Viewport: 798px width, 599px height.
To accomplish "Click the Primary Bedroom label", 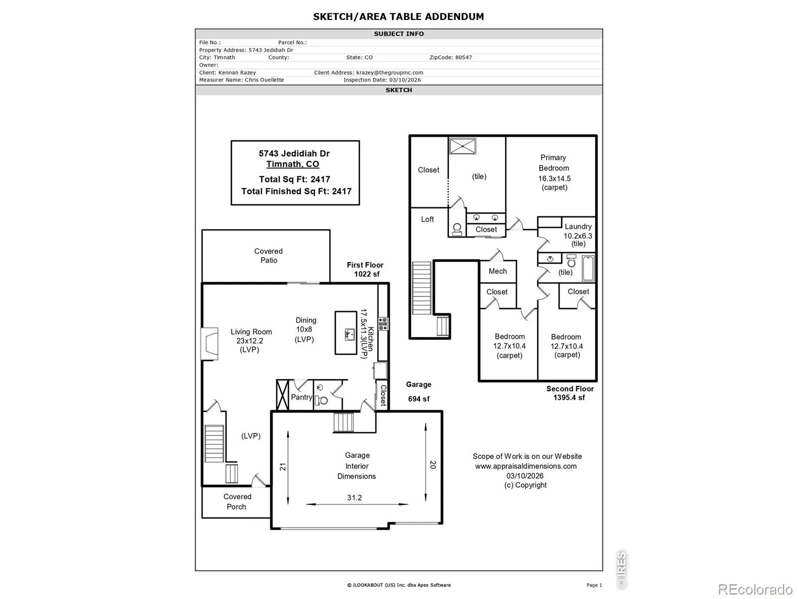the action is [x=553, y=163].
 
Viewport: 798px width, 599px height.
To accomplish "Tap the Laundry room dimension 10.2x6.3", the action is [x=578, y=236].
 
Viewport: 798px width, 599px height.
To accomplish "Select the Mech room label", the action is [x=497, y=271].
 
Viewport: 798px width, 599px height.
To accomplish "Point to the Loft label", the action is [x=427, y=219].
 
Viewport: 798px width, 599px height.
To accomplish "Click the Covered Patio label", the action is [x=268, y=255].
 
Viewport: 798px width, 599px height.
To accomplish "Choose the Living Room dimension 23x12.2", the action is [x=249, y=341].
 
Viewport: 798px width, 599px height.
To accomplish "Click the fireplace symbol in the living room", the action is [x=210, y=344].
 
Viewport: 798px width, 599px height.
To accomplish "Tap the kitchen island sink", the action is [x=350, y=334].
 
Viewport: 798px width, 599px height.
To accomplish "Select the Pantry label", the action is [x=301, y=397].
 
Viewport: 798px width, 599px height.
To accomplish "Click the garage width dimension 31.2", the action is [x=354, y=497].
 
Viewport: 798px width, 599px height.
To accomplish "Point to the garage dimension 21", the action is [x=282, y=467].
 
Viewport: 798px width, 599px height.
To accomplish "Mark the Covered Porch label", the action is [x=237, y=501].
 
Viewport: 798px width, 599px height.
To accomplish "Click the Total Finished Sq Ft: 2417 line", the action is [x=296, y=191].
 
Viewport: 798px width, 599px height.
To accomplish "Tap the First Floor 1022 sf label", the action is [x=365, y=269].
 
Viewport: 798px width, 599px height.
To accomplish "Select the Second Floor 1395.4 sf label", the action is [x=570, y=393].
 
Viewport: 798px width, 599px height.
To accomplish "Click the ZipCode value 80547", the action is [x=463, y=57].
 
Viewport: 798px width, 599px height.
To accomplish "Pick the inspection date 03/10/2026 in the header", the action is [x=404, y=80].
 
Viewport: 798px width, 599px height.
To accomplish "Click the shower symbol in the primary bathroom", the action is [x=462, y=146].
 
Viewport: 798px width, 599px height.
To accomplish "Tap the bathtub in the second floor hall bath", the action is [x=588, y=268].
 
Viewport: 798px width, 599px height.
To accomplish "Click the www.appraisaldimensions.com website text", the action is [x=526, y=466].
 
